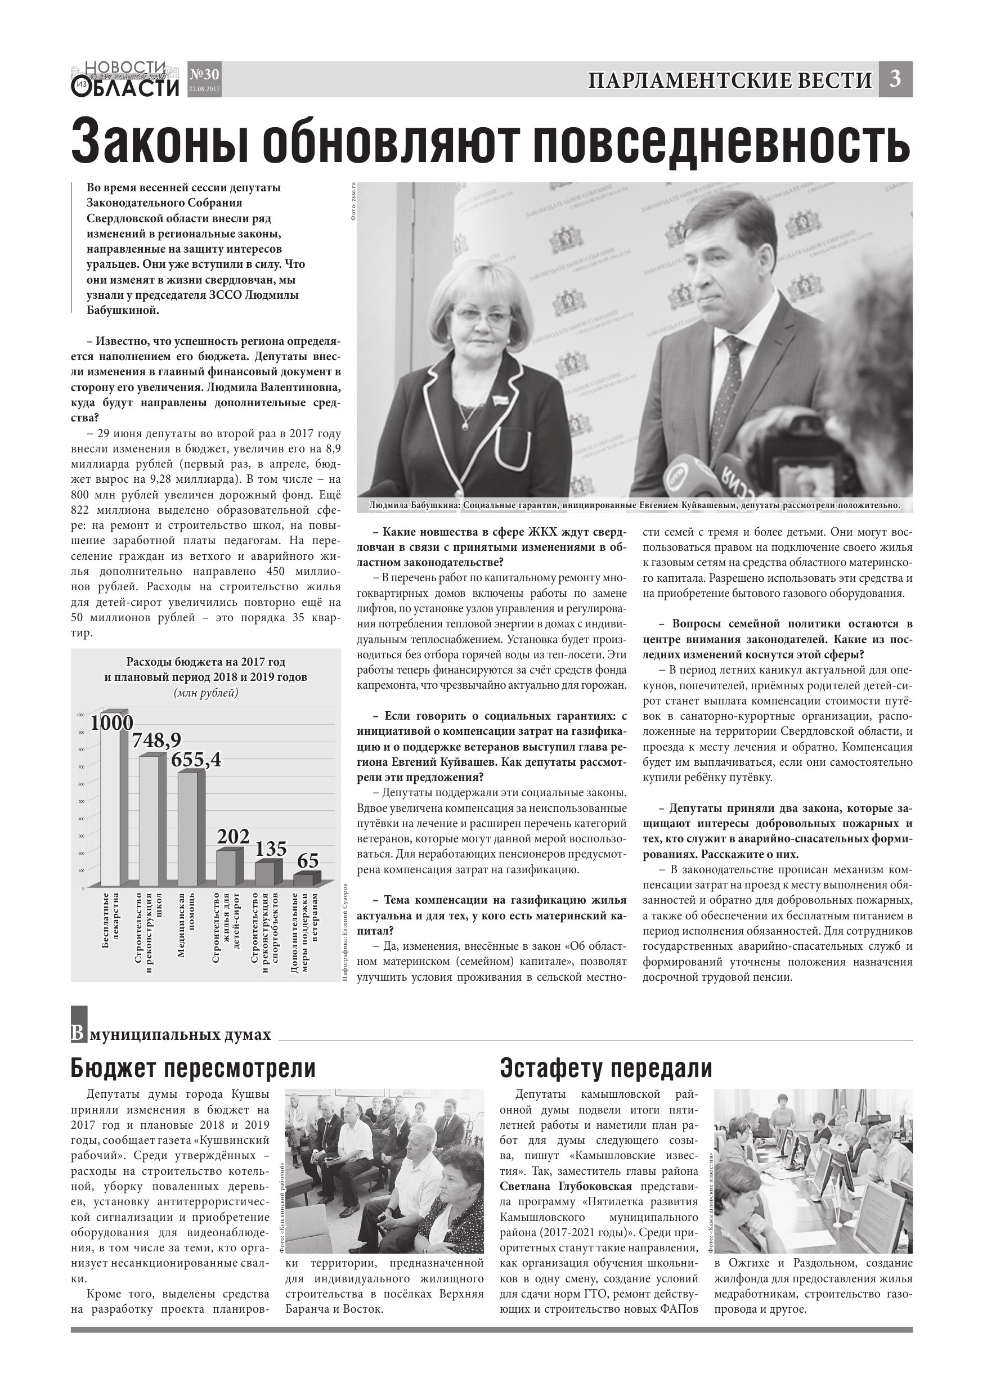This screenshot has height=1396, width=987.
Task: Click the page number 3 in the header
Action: (x=895, y=79)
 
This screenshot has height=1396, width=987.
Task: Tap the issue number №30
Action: (x=204, y=75)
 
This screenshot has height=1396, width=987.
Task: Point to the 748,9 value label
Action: (x=157, y=740)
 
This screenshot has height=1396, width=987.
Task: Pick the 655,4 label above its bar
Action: (x=196, y=760)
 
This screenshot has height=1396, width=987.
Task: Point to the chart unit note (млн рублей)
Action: (x=205, y=693)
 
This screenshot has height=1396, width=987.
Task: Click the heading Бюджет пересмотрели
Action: (x=193, y=1069)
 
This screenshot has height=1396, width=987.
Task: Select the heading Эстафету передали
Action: (x=605, y=1069)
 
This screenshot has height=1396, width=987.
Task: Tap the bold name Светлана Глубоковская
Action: (x=566, y=1186)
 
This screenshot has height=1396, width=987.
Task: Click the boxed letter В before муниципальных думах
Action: (x=77, y=1034)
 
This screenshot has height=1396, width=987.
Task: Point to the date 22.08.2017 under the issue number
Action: (x=204, y=89)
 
